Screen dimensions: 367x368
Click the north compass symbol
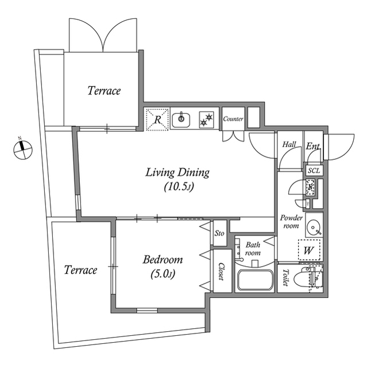tap(23, 149)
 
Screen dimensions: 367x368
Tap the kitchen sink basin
tap(181, 120)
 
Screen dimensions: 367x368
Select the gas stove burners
tap(206, 120)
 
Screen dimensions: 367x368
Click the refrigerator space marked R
tap(157, 119)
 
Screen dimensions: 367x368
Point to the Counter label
tap(233, 119)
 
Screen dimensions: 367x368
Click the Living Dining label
tap(177, 172)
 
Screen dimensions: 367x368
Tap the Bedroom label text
tap(163, 259)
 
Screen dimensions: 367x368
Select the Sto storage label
tap(219, 233)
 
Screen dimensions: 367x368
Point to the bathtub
tap(255, 280)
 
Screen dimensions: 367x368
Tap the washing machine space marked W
tap(309, 250)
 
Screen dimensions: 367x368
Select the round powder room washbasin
tap(314, 226)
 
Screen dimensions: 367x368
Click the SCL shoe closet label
tap(314, 170)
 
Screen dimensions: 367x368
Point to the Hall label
tap(289, 144)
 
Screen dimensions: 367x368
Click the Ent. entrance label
tap(313, 146)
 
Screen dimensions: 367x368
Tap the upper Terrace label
tap(104, 91)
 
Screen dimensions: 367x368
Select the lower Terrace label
tap(80, 270)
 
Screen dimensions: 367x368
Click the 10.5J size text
tap(179, 187)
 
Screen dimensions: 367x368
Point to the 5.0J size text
tap(163, 274)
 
